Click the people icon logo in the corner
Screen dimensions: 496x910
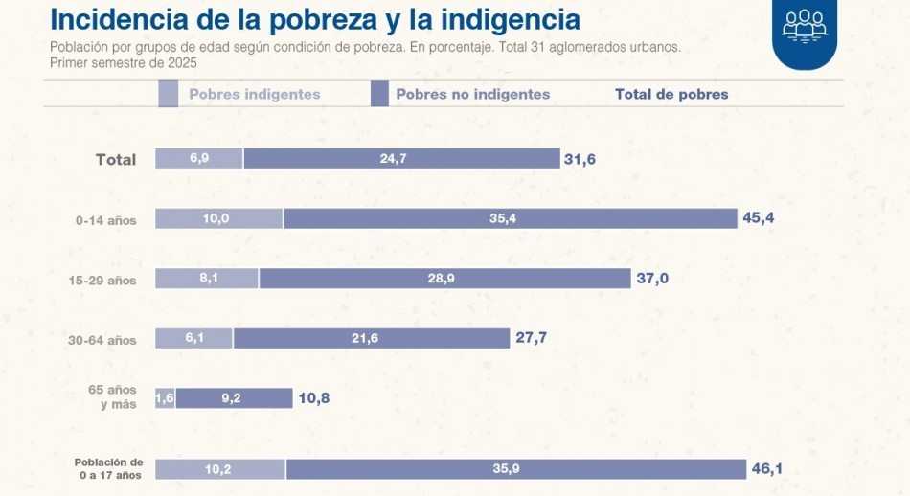pos(804,27)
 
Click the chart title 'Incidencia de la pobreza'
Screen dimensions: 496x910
pos(314,19)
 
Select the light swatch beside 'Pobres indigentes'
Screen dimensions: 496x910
pos(168,94)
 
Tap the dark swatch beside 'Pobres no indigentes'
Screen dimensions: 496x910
pos(378,94)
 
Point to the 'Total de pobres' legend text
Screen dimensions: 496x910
pos(671,94)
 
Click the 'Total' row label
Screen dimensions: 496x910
pos(116,159)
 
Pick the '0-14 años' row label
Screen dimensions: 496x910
pos(106,220)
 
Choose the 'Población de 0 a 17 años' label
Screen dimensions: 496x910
pos(110,468)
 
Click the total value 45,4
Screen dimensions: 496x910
pos(758,218)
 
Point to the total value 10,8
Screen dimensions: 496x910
pos(313,397)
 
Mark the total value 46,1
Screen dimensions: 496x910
pos(767,468)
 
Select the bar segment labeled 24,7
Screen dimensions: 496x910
pos(401,159)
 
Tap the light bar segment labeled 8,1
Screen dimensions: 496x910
pos(207,279)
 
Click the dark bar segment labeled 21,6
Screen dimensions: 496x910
pos(372,338)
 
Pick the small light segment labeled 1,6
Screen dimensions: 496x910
pos(165,397)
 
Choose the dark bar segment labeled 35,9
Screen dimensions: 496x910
pos(515,468)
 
